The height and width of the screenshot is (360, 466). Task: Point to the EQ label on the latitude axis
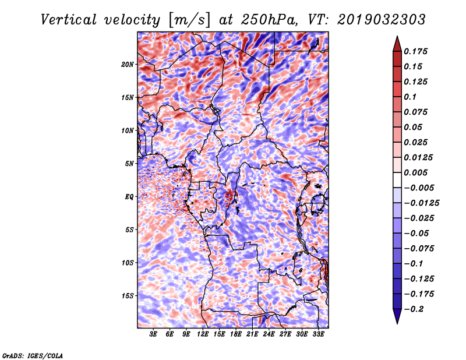click(x=129, y=196)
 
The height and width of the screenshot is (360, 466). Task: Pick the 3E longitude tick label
click(x=154, y=334)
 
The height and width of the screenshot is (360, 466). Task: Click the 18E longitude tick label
click(x=236, y=334)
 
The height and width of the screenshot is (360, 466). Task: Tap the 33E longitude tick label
click(x=318, y=334)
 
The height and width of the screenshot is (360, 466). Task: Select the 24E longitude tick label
click(x=269, y=334)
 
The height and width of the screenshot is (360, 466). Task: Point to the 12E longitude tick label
click(x=203, y=334)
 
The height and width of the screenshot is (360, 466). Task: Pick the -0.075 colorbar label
click(x=419, y=248)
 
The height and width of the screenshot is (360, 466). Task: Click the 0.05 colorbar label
click(x=414, y=127)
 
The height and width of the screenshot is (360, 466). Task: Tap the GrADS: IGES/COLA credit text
click(x=32, y=355)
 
